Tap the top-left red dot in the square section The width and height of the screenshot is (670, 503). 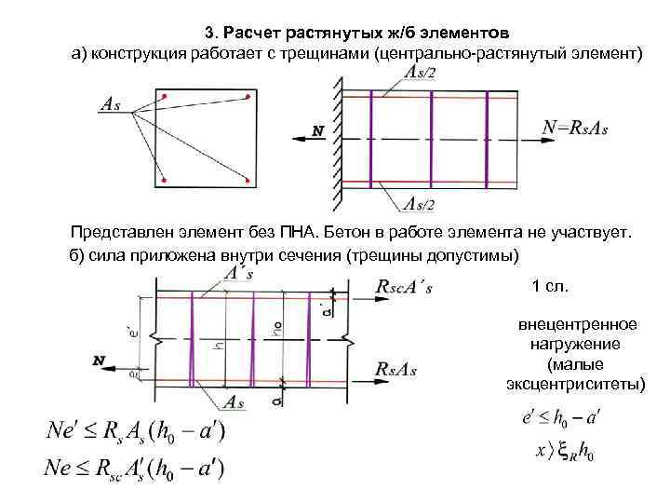pyautogui.click(x=165, y=96)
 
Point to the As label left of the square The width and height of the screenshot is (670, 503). pyautogui.click(x=110, y=105)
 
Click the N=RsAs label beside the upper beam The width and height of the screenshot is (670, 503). pyautogui.click(x=575, y=128)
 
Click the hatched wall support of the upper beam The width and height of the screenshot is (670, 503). pyautogui.click(x=332, y=140)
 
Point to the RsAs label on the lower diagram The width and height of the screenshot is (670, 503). pyautogui.click(x=395, y=369)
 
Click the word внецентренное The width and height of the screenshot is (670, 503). pyautogui.click(x=577, y=324)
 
